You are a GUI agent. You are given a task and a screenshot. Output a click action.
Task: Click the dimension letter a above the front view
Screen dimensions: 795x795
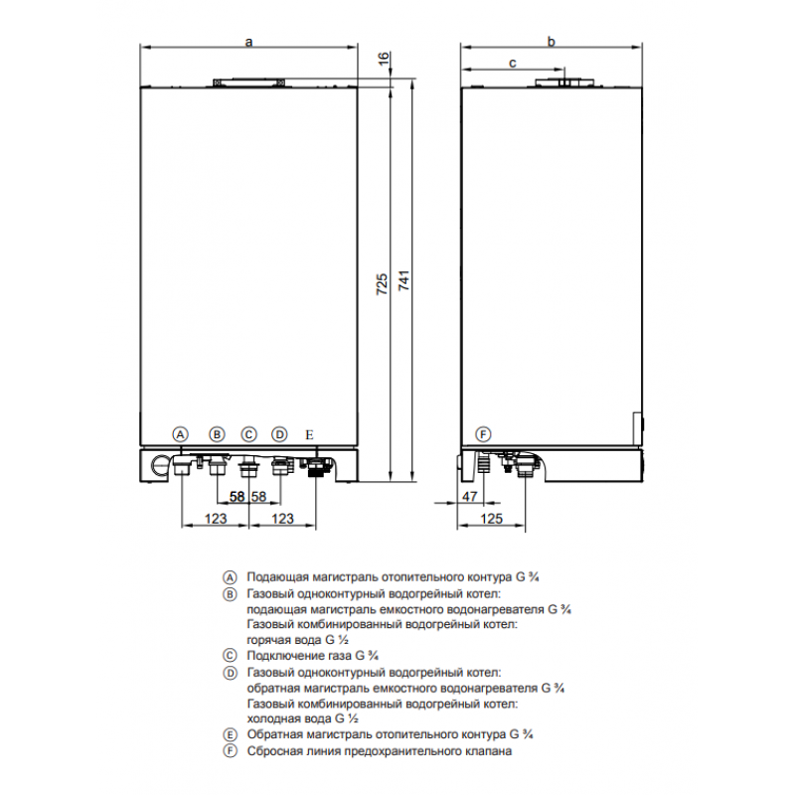(248, 42)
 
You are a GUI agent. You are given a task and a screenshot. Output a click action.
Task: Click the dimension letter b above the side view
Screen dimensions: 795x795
(552, 41)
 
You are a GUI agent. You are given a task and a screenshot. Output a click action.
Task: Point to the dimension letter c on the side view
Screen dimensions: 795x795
(512, 63)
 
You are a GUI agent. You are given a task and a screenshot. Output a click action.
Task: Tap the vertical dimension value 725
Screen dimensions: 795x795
(382, 284)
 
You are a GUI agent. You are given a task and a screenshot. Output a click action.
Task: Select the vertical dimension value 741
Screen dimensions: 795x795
(403, 280)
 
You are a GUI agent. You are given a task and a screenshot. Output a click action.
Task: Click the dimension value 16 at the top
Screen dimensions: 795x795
(384, 58)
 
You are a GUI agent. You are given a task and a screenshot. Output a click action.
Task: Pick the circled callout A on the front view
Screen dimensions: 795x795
(181, 434)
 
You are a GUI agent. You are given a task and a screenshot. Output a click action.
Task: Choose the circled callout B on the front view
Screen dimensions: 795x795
(217, 434)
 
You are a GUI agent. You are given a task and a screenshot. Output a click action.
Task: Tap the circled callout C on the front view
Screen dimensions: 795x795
(248, 434)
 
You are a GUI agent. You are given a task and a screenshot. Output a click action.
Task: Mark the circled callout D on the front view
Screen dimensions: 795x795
(279, 434)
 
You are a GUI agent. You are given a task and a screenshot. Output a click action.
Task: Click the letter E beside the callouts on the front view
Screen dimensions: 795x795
(309, 435)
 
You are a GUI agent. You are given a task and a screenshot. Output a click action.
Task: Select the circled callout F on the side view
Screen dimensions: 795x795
(483, 434)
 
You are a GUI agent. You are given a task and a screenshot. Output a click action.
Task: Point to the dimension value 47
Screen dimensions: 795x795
(470, 496)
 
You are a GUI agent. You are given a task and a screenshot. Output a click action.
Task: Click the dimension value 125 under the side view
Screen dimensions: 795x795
(491, 519)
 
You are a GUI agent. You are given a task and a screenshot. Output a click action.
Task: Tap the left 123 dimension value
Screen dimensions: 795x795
(216, 519)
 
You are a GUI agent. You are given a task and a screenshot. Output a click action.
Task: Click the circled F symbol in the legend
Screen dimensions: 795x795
(231, 751)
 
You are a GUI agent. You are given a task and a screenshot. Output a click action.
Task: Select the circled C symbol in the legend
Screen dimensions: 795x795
(231, 656)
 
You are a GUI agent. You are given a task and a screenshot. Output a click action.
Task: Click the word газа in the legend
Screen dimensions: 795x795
(339, 656)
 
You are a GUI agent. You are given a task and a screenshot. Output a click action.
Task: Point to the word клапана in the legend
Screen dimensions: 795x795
(488, 751)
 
